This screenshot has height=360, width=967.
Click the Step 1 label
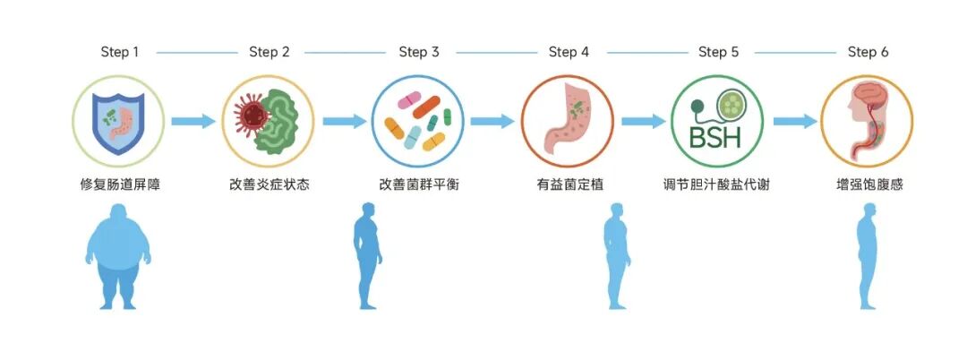click(x=119, y=52)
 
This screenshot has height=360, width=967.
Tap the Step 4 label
click(x=569, y=52)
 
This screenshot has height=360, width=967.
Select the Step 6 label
click(x=868, y=52)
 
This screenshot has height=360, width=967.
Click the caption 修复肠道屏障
click(x=119, y=185)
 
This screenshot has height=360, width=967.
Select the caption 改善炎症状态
click(x=269, y=185)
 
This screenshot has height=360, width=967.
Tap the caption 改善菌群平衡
click(x=418, y=185)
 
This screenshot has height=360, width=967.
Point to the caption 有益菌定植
click(x=569, y=185)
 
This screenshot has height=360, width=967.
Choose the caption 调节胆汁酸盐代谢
click(x=718, y=185)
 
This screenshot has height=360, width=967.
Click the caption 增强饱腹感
click(x=868, y=185)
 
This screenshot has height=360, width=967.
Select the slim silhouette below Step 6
click(x=868, y=257)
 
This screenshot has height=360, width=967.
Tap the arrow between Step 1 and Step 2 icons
click(x=193, y=121)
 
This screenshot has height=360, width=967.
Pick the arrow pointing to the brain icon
click(x=794, y=121)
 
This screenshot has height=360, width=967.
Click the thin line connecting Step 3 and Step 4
click(x=493, y=53)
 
